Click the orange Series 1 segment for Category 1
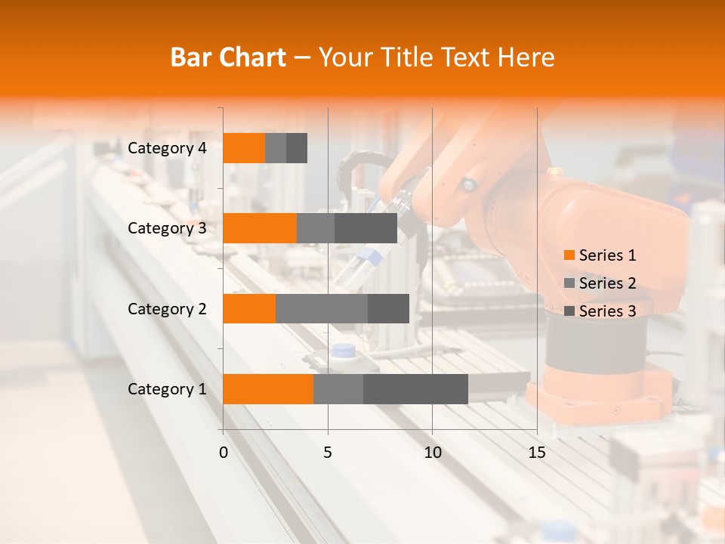(268, 389)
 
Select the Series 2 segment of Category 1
(338, 389)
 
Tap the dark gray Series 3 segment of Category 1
(415, 389)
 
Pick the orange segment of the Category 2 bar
(249, 308)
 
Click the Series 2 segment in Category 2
(322, 308)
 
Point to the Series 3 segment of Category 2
(388, 308)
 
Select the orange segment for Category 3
(260, 228)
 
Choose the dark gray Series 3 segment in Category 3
(366, 228)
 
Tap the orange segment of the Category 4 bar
(244, 148)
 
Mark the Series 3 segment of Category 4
(297, 148)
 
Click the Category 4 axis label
(167, 148)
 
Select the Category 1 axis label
(167, 389)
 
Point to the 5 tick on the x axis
(328, 453)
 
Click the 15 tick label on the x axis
(536, 453)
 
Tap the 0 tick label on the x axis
(224, 453)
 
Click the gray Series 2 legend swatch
(569, 283)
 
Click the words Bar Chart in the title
(228, 57)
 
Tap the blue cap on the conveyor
(344, 351)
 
